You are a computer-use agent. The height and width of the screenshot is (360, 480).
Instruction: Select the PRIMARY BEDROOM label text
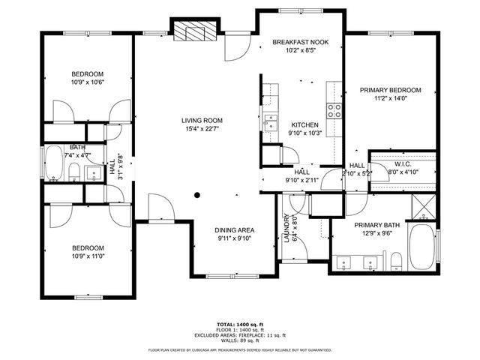390,90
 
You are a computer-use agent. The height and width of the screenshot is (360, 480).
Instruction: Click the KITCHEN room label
305,124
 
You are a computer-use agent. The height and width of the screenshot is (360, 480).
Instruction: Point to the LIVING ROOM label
202,120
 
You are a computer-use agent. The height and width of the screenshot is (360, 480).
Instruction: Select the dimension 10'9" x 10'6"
87,82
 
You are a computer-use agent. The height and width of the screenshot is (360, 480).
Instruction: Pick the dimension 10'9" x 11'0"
87,256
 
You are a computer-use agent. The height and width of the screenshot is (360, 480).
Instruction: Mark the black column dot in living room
197,195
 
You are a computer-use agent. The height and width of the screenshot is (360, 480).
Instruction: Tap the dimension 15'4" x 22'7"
202,128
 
